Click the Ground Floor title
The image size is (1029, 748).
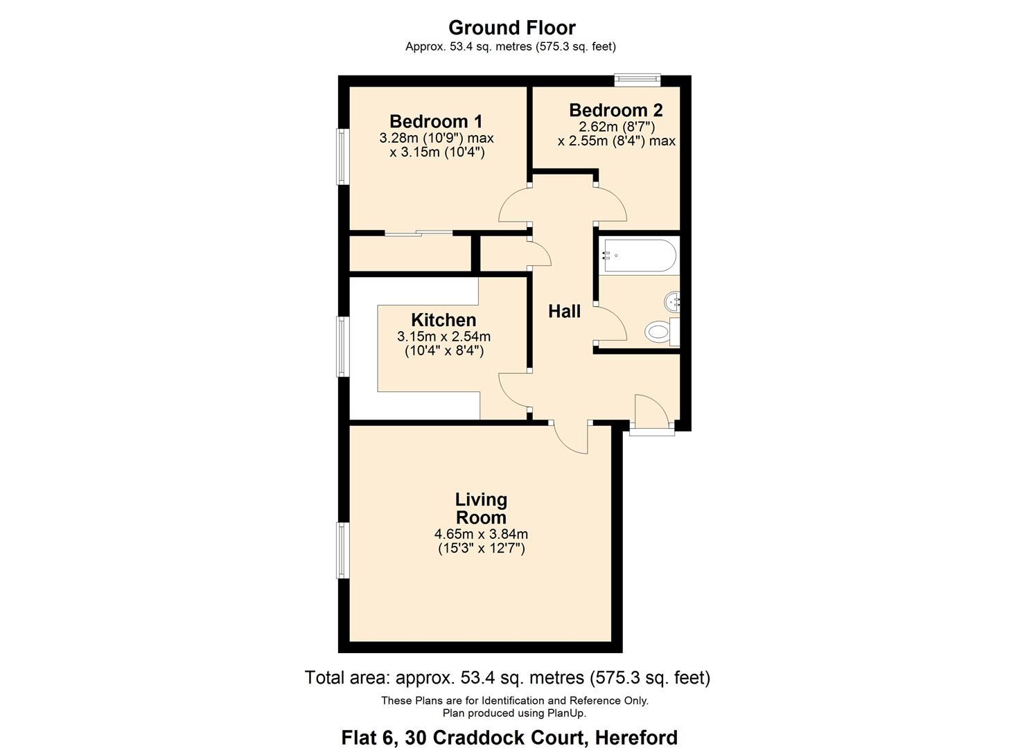click(511, 28)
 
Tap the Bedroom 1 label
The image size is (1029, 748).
click(436, 121)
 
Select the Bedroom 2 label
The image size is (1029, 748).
click(615, 110)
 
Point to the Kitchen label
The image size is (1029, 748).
click(443, 320)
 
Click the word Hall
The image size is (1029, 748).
click(564, 312)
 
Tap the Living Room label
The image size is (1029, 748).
click(481, 508)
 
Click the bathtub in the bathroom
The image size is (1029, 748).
click(638, 255)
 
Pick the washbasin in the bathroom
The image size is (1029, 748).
click(673, 302)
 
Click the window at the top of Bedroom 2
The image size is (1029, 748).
click(637, 80)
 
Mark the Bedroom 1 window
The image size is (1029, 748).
click(342, 157)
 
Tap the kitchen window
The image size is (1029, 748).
click(342, 346)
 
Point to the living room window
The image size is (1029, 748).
click(342, 551)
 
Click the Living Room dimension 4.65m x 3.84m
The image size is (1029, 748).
click(481, 534)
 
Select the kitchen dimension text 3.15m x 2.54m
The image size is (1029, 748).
click(443, 337)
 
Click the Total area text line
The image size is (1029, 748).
click(507, 677)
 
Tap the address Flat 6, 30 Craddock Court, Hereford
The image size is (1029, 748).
click(509, 738)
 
